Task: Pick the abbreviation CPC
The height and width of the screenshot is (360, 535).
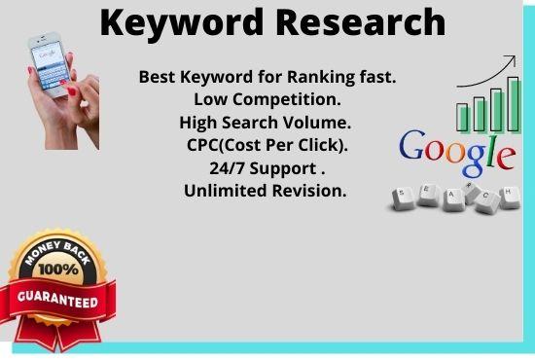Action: point(205,146)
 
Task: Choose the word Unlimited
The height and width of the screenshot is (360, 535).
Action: point(225,191)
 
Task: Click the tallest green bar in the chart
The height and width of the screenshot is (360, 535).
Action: point(514,104)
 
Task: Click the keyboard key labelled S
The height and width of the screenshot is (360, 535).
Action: point(404,199)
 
